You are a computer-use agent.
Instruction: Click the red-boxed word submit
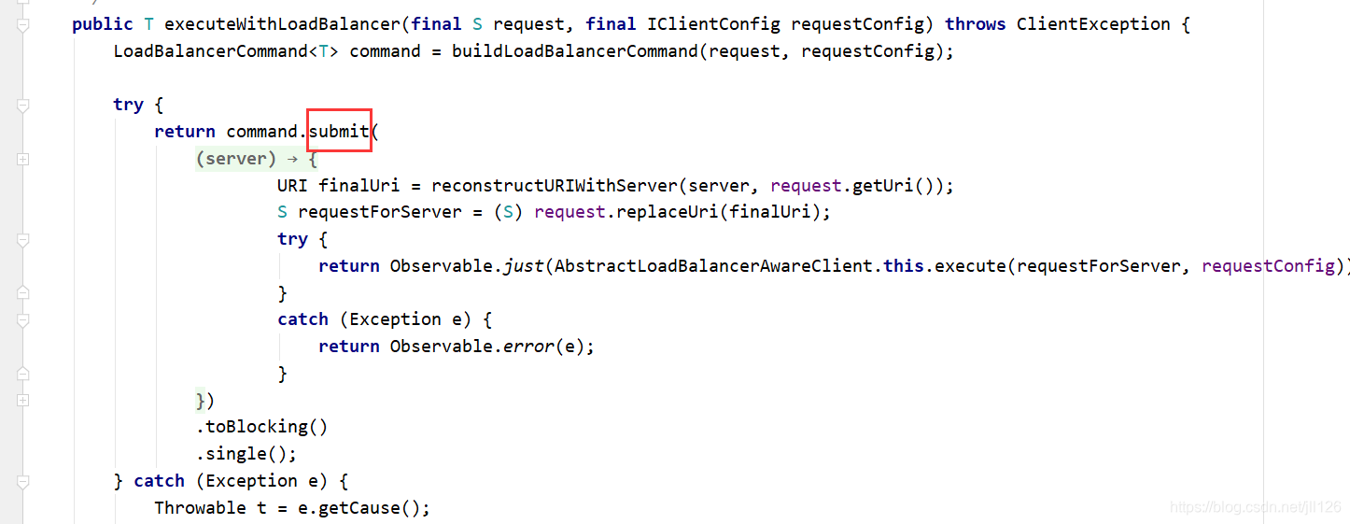pos(339,132)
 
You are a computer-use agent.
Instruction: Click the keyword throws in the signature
pos(976,24)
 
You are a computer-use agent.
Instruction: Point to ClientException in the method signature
pos(1092,24)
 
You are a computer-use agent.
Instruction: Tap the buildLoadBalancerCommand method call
pos(574,51)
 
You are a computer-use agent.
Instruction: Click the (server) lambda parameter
pos(236,159)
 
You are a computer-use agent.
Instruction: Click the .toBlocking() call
pos(261,427)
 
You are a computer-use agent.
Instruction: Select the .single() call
pos(246,454)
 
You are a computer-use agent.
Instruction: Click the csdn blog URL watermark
pos(1255,507)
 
